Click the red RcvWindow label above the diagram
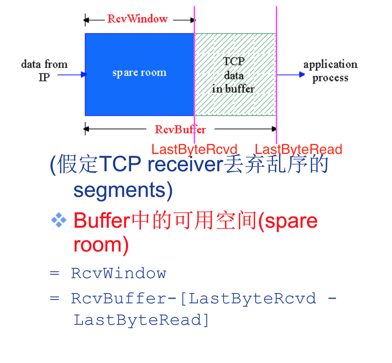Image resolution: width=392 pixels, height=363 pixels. tap(137, 19)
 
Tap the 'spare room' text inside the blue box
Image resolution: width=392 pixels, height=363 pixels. tap(139, 73)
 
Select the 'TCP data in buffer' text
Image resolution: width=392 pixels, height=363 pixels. tap(233, 75)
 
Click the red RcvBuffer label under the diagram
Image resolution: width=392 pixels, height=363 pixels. tap(180, 129)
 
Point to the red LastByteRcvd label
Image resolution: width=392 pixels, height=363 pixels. tap(195, 149)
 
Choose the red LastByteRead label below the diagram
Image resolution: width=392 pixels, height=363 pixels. tap(298, 149)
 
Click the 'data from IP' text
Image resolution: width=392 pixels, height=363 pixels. tap(44, 70)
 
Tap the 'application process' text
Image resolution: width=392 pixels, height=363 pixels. tap(330, 71)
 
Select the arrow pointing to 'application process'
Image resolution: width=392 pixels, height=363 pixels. tap(290, 74)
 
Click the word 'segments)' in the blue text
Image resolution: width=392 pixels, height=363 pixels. tap(123, 190)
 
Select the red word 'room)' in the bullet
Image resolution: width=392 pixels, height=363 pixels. tap(101, 244)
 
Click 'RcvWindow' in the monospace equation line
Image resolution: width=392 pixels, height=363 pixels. tap(119, 273)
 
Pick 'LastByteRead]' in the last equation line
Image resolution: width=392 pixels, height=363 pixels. tap(141, 321)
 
